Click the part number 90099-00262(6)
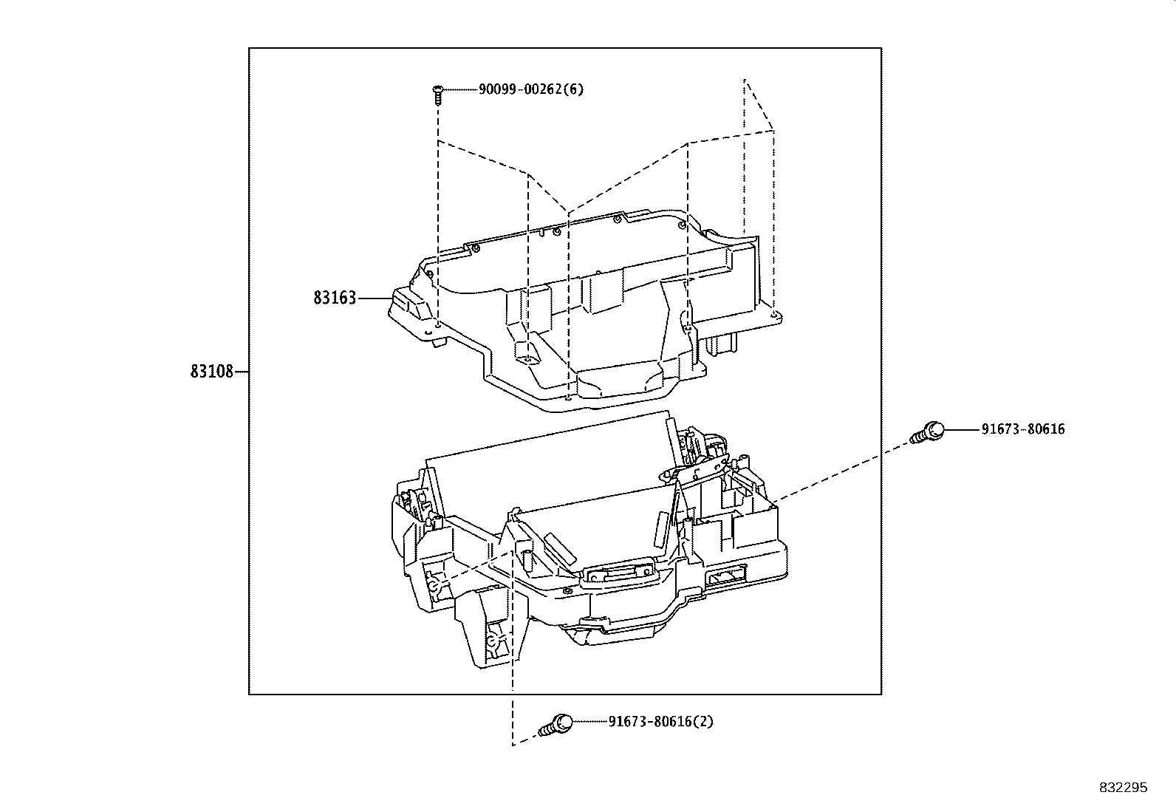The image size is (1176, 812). pyautogui.click(x=530, y=90)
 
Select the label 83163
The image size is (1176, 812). pyautogui.click(x=335, y=298)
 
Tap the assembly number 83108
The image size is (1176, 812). pyautogui.click(x=211, y=372)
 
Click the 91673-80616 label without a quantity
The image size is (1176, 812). pyautogui.click(x=1023, y=429)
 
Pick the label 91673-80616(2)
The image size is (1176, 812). pyautogui.click(x=660, y=721)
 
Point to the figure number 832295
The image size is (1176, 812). pyautogui.click(x=1123, y=788)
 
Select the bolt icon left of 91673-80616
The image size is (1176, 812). pyautogui.click(x=929, y=431)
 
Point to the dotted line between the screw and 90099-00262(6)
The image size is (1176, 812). pyautogui.click(x=459, y=90)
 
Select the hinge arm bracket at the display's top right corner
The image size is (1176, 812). pyautogui.click(x=702, y=469)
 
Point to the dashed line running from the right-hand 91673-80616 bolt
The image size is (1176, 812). pyautogui.click(x=842, y=470)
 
